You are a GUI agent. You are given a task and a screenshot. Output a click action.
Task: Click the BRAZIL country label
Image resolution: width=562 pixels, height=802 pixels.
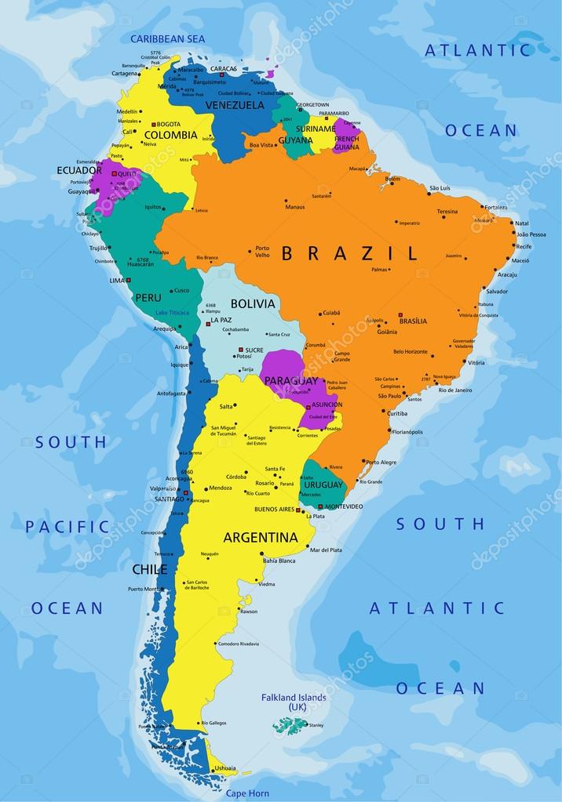(349, 252)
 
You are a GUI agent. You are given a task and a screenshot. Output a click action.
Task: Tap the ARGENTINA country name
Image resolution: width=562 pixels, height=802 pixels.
(261, 538)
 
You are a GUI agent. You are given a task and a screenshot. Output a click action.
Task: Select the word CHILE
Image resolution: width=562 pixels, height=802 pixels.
(150, 569)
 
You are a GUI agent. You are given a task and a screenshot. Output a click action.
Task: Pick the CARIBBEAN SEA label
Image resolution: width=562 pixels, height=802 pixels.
(167, 38)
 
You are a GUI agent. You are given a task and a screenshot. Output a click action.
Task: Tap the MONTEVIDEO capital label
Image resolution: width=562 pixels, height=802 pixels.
(343, 506)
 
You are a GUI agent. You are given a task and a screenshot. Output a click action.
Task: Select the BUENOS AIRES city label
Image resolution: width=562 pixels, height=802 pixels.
(274, 510)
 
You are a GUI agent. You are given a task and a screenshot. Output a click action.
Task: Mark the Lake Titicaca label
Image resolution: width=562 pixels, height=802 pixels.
(172, 313)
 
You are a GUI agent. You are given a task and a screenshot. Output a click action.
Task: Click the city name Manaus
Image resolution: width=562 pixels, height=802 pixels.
(295, 207)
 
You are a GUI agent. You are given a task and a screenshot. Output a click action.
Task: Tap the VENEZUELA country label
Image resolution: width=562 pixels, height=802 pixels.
(235, 105)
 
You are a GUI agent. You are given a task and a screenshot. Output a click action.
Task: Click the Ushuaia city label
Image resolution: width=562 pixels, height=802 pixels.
(224, 768)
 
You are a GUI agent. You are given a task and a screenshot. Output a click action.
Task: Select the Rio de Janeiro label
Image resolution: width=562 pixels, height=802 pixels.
(455, 390)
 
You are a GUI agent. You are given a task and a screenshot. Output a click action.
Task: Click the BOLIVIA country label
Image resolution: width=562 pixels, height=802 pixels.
(253, 303)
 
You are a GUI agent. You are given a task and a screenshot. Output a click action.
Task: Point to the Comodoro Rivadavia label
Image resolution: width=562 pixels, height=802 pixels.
(239, 644)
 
